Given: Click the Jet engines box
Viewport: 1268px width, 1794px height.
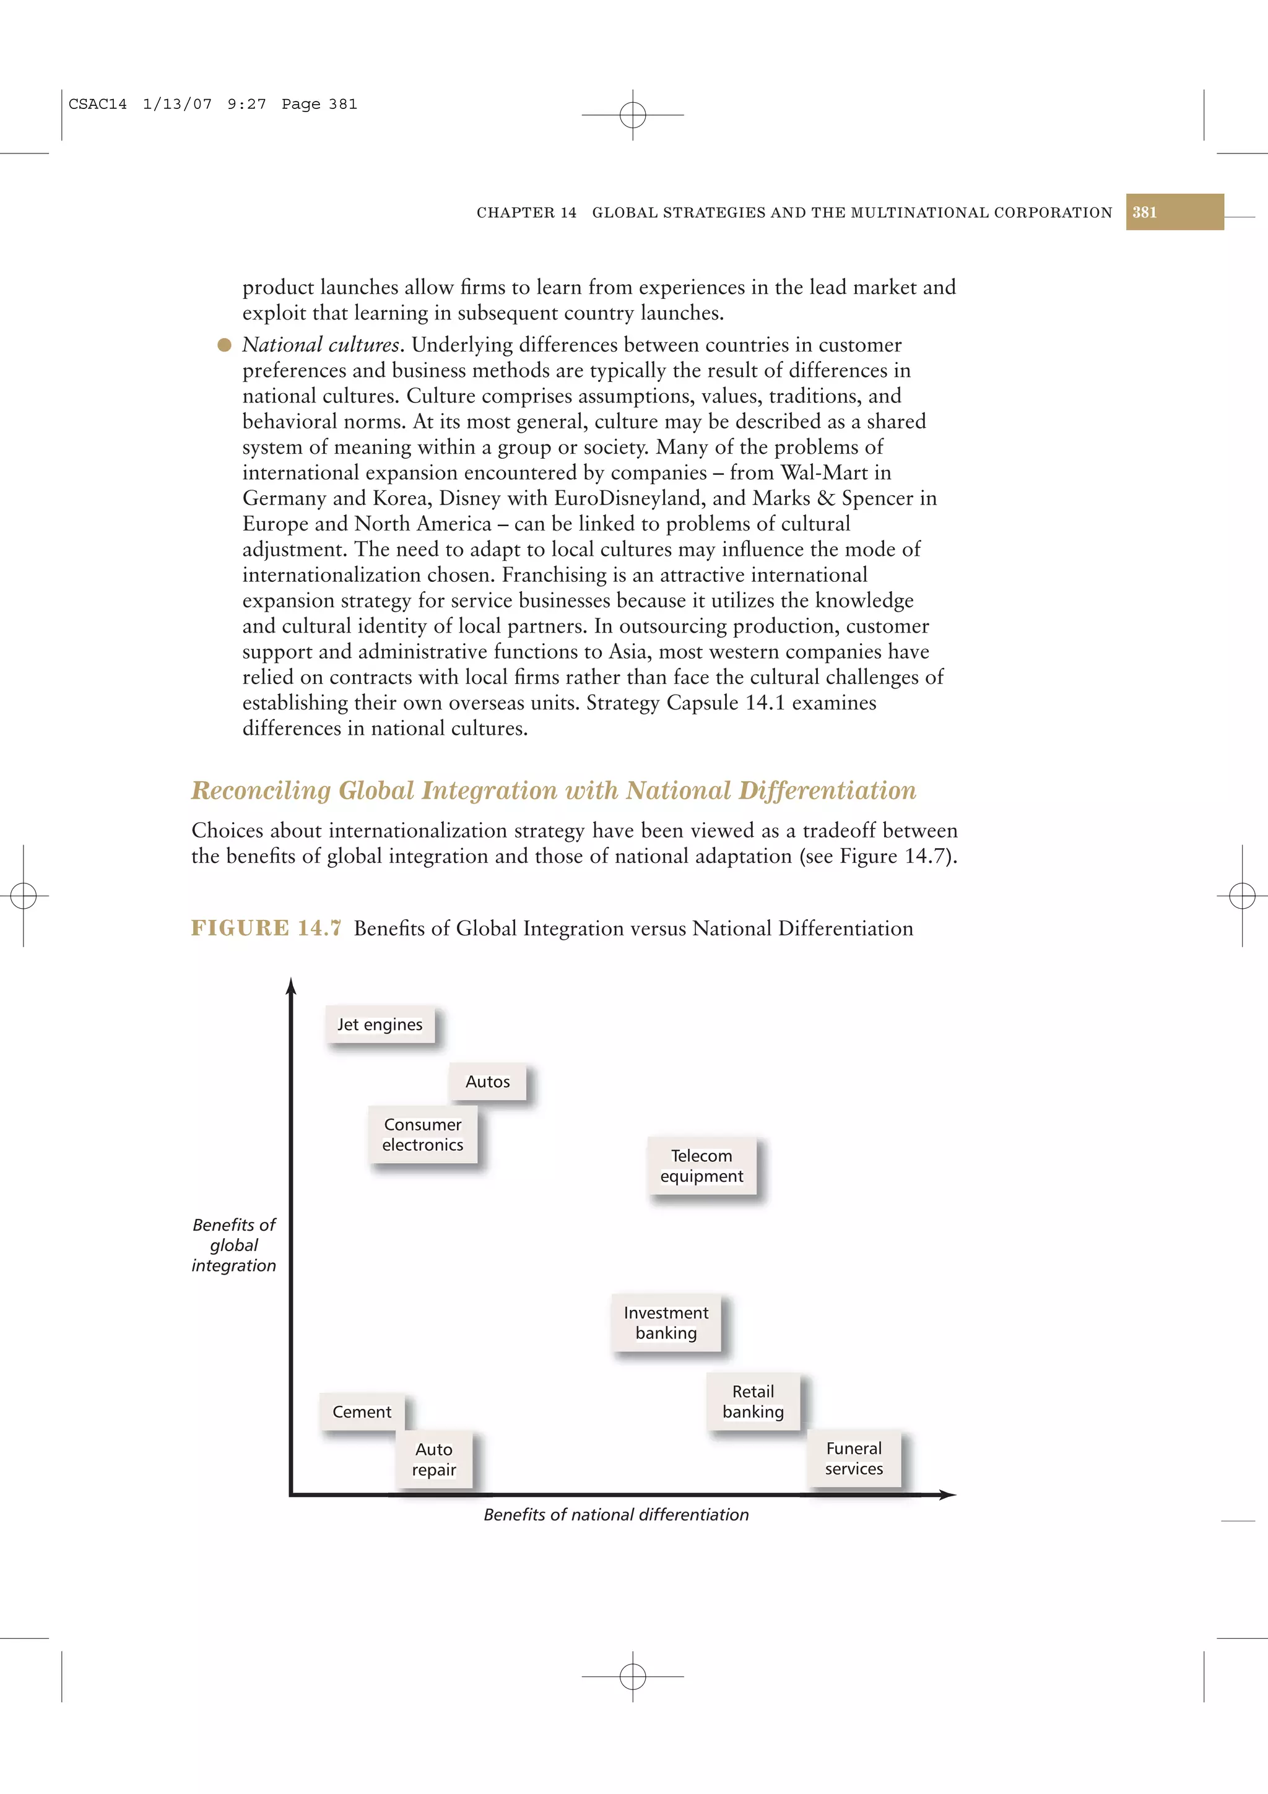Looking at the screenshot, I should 380,1025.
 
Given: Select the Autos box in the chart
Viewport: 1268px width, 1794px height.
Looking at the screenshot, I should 487,1081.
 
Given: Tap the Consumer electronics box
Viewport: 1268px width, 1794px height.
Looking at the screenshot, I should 423,1135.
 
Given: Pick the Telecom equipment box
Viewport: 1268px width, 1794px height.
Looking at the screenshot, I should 701,1166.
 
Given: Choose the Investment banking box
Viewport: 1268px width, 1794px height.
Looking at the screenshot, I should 666,1323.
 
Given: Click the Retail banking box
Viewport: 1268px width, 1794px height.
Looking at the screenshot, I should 753,1402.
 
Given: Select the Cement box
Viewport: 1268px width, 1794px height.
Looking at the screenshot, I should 362,1412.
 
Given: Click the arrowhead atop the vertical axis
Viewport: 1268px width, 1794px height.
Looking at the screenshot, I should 292,986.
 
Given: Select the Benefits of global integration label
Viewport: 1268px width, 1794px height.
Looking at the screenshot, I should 233,1245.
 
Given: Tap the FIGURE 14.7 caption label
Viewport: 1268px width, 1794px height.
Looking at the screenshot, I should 266,928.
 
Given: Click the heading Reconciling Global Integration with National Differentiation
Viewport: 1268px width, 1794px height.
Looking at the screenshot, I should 553,790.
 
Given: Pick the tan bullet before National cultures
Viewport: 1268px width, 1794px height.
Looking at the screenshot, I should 224,345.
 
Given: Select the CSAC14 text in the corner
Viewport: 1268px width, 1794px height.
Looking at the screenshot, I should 98,104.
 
